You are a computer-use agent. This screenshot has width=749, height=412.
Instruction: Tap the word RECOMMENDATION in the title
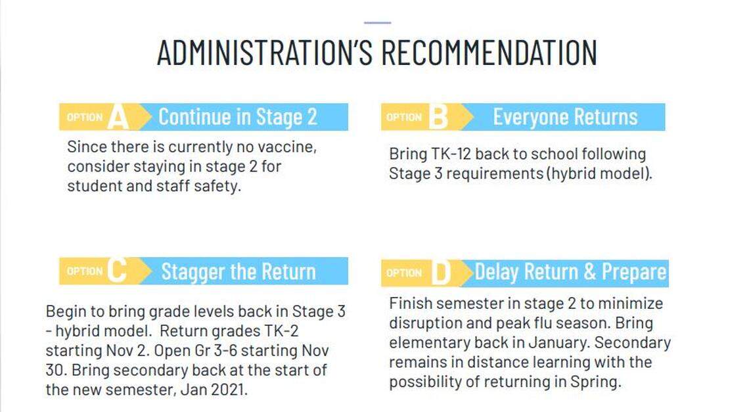[x=489, y=53]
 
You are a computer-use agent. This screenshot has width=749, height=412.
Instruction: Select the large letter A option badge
[x=118, y=118]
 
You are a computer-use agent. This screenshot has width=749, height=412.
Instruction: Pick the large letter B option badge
[x=438, y=118]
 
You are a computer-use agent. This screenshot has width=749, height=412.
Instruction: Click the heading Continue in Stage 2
[x=238, y=118]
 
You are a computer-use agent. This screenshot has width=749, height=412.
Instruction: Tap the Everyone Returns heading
[x=565, y=118]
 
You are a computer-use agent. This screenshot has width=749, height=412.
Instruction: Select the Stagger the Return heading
[x=238, y=271]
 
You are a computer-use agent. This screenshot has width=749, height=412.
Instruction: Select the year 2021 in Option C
[x=234, y=390]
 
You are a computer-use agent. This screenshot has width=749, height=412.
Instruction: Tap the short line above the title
[x=377, y=23]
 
